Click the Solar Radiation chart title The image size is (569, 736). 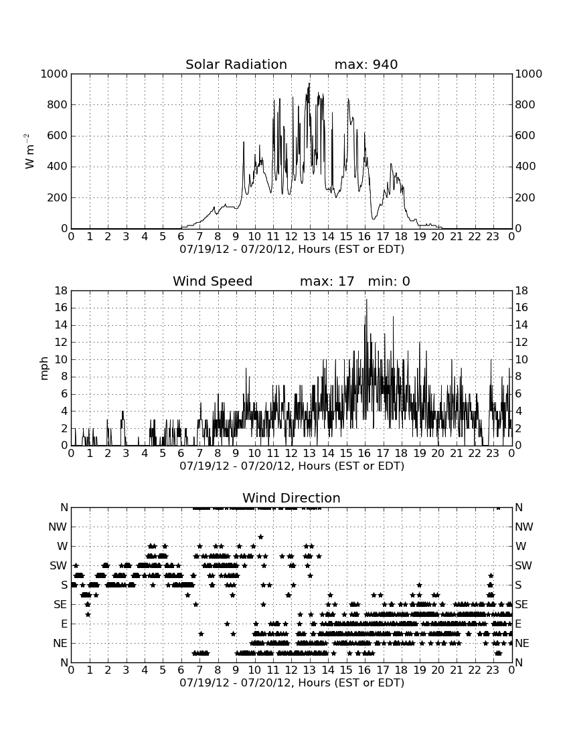point(236,64)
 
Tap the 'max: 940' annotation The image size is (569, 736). point(366,64)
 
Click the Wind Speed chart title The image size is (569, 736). point(213,281)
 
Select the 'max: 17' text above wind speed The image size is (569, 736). point(327,281)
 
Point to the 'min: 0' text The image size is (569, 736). point(389,281)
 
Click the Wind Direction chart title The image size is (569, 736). point(291,498)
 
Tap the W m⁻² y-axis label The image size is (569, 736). point(29,151)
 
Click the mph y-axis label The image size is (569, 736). point(44,369)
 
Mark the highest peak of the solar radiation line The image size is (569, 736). point(309,83)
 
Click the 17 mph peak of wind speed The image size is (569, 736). point(367,300)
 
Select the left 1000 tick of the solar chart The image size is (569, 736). point(54,74)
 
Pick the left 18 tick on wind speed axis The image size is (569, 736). point(61,291)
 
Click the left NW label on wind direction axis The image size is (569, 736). point(58,527)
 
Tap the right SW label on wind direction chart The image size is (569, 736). point(523,565)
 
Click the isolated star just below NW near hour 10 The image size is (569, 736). point(260,537)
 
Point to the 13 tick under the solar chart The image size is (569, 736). point(309,236)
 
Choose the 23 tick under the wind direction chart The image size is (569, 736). point(493,670)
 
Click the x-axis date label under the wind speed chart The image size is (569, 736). point(292,466)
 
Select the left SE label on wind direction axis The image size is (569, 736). point(60,605)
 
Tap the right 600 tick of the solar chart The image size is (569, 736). point(525,136)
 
